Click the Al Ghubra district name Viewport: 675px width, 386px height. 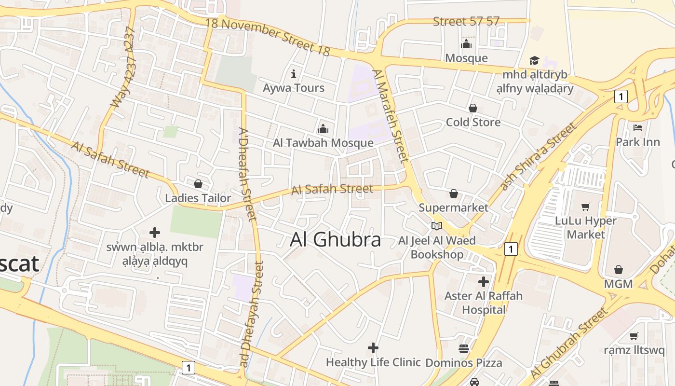(335, 240)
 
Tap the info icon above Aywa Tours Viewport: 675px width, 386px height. (294, 74)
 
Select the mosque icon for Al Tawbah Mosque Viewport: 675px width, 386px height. (323, 129)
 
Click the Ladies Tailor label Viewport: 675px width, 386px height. (198, 198)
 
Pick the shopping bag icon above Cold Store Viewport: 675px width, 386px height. (473, 108)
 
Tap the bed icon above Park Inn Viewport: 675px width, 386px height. (637, 128)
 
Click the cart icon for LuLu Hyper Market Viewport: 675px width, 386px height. (586, 207)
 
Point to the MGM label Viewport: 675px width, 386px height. (618, 284)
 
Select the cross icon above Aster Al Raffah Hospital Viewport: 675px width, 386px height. (484, 282)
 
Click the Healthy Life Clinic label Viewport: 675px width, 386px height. (373, 362)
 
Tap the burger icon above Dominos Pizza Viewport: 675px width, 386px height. (464, 348)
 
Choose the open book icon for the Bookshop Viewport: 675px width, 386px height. (437, 226)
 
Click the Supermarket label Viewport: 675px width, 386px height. (453, 207)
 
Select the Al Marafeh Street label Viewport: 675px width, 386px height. (391, 116)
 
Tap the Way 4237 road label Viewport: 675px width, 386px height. (123, 68)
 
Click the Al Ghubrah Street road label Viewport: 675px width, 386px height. (569, 344)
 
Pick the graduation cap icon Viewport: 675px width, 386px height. (534, 60)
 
